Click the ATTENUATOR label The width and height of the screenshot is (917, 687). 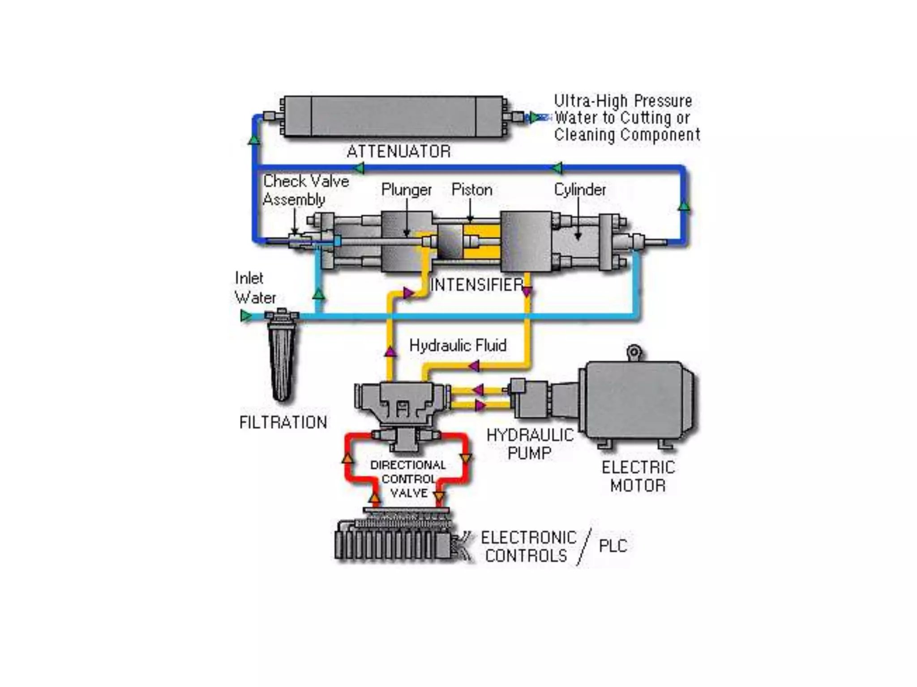point(399,151)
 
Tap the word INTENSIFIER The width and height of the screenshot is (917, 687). point(476,284)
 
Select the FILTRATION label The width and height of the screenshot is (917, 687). point(283,422)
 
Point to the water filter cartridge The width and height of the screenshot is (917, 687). point(282,358)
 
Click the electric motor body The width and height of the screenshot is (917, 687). point(636,400)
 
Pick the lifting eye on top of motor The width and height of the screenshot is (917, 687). point(634,352)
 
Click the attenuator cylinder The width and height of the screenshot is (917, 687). point(393,116)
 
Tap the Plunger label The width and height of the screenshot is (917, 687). point(406,190)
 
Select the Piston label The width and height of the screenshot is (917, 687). point(471,190)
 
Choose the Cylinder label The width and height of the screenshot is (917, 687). point(580,190)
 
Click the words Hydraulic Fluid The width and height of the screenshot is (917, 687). point(458,345)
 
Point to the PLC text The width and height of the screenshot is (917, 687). point(613,546)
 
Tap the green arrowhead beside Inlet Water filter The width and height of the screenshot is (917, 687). point(246,316)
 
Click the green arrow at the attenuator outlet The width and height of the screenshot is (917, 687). point(534,118)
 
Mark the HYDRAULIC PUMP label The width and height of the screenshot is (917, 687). point(530,444)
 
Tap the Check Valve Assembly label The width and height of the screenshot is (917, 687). point(305,190)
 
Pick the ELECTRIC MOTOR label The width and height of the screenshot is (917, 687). point(638,476)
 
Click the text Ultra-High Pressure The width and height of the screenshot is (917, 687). point(623,101)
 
